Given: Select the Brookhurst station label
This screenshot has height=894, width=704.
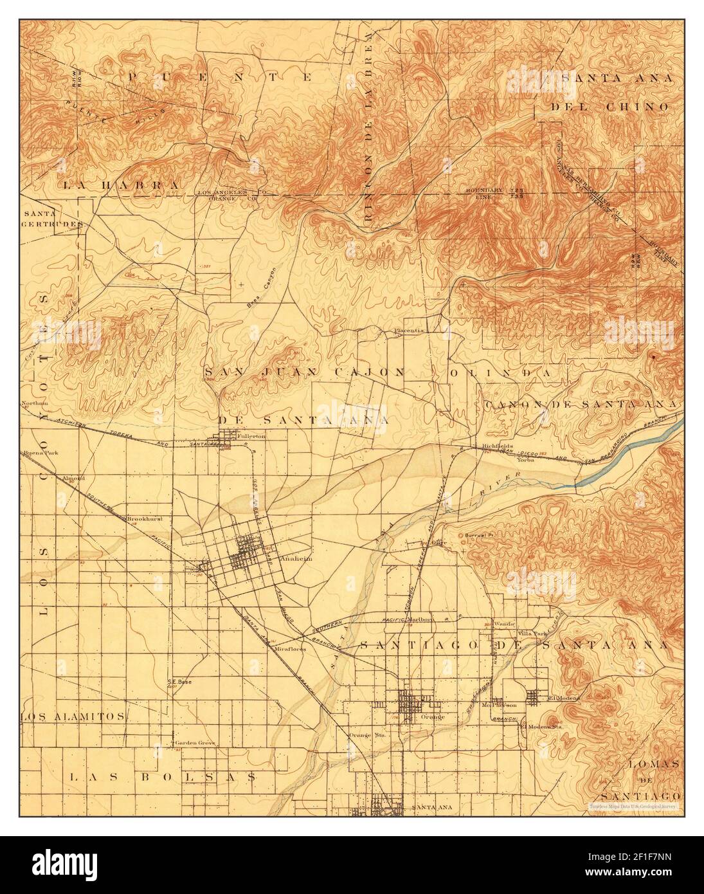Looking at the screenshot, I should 143,518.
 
